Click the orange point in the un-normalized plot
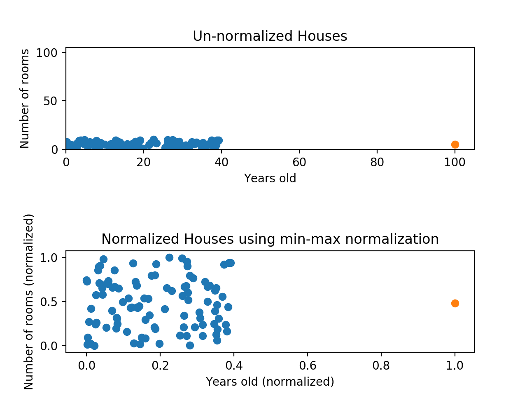(455, 144)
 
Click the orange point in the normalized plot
(455, 303)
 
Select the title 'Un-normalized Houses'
(270, 36)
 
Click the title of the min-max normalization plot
(270, 239)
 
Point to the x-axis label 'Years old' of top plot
(270, 178)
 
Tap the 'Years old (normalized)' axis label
(270, 382)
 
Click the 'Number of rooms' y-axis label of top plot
(25, 99)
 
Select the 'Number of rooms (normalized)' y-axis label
(28, 302)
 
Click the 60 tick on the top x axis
(299, 162)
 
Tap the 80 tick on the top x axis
(377, 162)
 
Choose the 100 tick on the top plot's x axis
(455, 162)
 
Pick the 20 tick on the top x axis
(144, 162)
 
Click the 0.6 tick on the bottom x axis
(308, 365)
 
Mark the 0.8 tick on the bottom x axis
(381, 365)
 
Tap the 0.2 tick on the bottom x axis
(160, 365)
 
